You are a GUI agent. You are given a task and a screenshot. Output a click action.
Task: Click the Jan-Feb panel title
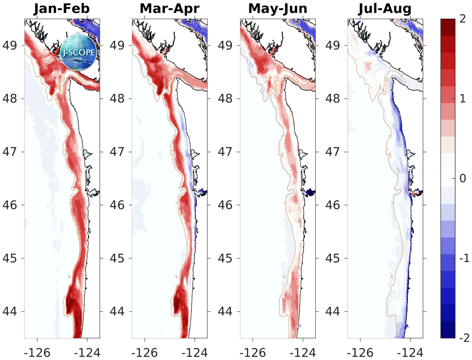tap(62, 9)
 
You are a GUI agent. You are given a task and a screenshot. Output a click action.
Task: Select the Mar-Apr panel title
tap(170, 9)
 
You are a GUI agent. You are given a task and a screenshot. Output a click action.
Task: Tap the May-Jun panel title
tap(278, 9)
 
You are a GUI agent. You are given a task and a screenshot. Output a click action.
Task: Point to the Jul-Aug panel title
tap(385, 9)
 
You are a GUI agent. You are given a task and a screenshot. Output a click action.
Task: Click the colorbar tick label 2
tap(460, 20)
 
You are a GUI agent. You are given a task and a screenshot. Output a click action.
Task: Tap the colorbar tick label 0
tap(460, 178)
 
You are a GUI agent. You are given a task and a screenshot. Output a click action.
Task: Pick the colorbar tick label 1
tap(460, 99)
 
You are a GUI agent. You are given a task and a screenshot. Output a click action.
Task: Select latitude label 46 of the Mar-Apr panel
tap(119, 205)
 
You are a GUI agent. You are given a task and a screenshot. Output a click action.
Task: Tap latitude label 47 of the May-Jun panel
tap(227, 151)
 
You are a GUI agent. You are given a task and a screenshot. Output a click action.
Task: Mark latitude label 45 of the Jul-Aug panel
tap(335, 258)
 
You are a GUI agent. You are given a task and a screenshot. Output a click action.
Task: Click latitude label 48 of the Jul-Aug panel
tap(335, 98)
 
